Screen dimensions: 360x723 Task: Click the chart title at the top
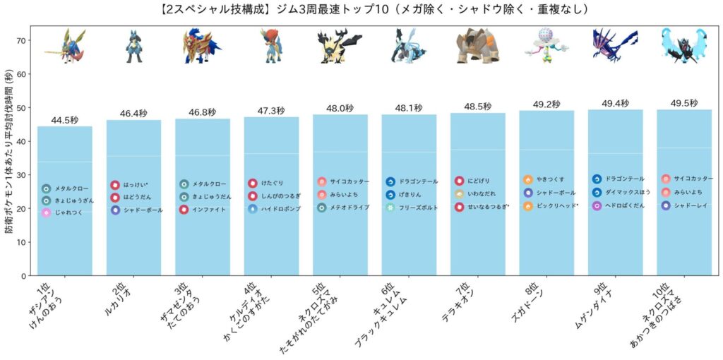361,9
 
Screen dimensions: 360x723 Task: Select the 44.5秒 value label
64,120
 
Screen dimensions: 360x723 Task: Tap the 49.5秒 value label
683,102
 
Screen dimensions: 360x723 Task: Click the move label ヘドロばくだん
625,205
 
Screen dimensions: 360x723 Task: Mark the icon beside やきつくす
527,179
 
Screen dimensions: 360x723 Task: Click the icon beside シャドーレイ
666,205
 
